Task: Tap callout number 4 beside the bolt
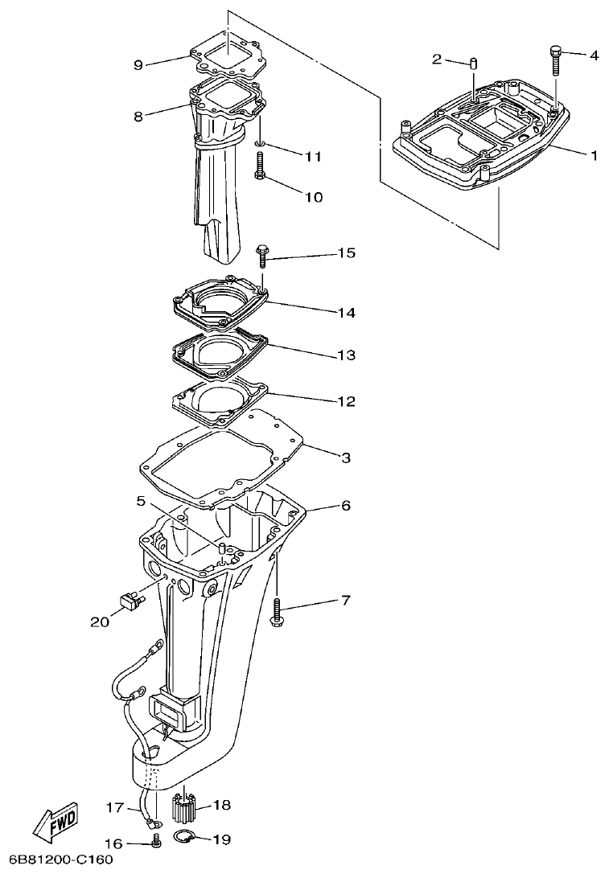tap(594, 55)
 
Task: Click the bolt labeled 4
tap(555, 61)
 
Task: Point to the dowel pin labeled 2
tap(475, 63)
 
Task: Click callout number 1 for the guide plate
tap(594, 155)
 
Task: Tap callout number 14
tap(346, 312)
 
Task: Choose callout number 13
tap(346, 355)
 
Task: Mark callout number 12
tap(346, 400)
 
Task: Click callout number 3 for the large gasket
tap(346, 458)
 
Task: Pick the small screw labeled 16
tap(157, 841)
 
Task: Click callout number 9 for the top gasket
tap(138, 65)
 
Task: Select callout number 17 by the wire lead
tap(115, 806)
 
